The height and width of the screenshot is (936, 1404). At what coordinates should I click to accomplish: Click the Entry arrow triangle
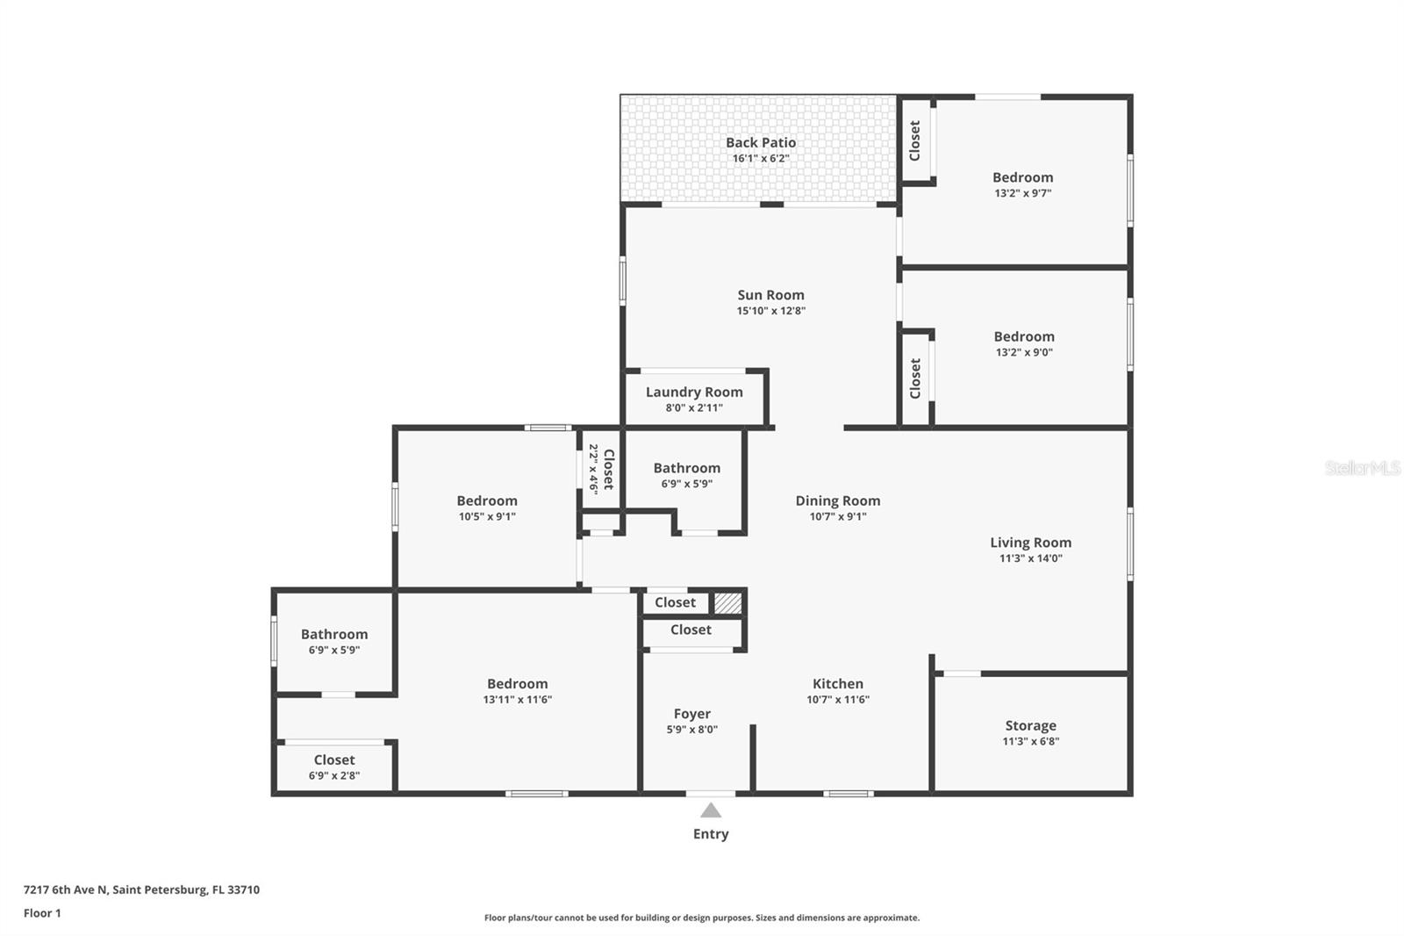[711, 810]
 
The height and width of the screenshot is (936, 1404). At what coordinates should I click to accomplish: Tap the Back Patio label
[761, 142]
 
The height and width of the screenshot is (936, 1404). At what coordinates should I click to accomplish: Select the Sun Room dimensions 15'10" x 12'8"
[770, 311]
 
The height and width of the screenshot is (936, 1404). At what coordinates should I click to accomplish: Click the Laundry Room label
[694, 392]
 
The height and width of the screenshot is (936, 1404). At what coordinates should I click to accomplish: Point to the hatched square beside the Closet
[727, 603]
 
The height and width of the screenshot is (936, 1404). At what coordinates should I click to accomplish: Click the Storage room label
[1030, 725]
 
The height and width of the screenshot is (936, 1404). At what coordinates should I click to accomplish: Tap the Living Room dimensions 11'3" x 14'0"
[1030, 558]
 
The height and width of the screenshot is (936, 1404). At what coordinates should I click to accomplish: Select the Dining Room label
[837, 500]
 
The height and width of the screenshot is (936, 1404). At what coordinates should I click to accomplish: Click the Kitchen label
[837, 684]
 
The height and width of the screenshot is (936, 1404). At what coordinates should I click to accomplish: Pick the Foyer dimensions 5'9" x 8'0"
[691, 730]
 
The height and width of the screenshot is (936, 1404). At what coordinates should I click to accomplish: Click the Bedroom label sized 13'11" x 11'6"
[517, 684]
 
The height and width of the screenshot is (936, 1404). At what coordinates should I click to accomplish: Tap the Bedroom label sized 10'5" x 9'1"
[486, 500]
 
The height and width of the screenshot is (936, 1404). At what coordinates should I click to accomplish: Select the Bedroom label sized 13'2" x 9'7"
[1022, 177]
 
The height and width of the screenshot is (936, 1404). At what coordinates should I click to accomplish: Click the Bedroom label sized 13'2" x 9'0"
[1023, 336]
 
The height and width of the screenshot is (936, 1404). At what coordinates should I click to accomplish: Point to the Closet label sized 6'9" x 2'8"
[334, 760]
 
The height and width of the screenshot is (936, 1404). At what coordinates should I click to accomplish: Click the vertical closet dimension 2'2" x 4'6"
[593, 469]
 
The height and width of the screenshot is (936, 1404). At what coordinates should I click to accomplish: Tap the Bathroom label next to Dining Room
[686, 468]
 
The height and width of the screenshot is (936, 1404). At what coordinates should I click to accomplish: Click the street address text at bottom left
[141, 889]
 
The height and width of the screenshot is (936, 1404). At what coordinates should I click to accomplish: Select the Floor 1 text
[42, 913]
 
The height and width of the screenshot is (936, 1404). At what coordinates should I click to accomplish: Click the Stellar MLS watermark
[1362, 468]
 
